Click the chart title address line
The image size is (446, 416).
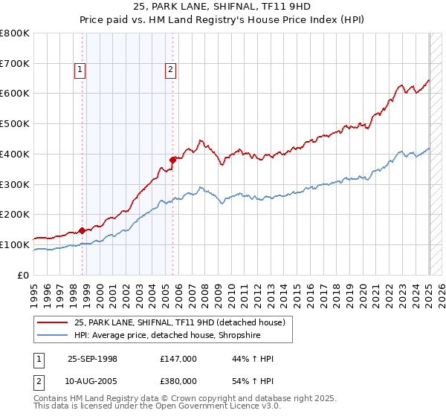coord(222,8)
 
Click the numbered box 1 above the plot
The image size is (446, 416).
coord(80,71)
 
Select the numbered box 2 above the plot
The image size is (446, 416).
coord(170,71)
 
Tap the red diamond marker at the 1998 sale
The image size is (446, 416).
coord(82,230)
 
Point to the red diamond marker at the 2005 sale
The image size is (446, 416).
coord(172,159)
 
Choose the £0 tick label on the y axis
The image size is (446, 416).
coord(22,275)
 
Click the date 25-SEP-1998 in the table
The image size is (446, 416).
coord(92,359)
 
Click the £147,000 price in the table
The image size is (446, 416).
coord(178,359)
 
